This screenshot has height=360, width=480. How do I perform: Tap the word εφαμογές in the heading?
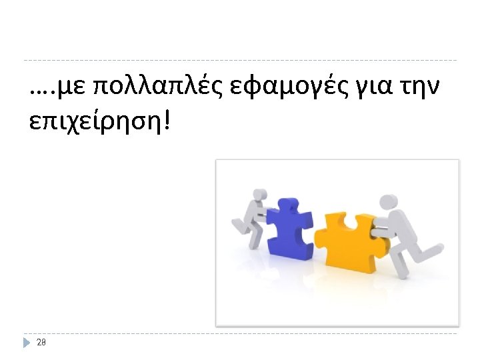point(269,87)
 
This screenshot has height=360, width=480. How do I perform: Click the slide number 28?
point(41,342)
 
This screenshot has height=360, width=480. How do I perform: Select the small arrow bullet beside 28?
point(27,342)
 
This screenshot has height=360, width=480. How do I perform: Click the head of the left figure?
point(258,196)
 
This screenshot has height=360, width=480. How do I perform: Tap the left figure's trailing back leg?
point(239,224)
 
